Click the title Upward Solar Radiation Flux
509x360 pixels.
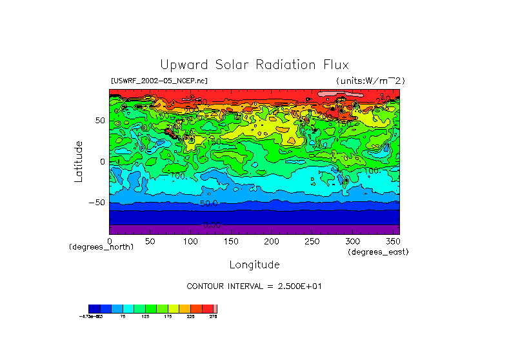(254, 65)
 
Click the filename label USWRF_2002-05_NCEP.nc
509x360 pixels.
(159, 81)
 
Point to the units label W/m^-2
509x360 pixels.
(370, 81)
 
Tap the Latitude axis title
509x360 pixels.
(79, 161)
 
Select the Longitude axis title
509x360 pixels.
(254, 265)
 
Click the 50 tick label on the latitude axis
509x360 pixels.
(100, 121)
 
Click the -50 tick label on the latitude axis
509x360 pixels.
(97, 203)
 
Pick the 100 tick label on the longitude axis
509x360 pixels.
(190, 241)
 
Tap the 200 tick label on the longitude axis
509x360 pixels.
(272, 241)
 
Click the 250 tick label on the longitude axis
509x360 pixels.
(312, 241)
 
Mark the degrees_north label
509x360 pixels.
(101, 247)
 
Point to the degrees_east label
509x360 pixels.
(378, 252)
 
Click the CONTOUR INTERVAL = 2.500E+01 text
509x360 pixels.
(254, 286)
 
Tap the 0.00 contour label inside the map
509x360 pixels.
(212, 225)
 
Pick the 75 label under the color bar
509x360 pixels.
(123, 317)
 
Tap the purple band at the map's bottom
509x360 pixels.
(254, 230)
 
